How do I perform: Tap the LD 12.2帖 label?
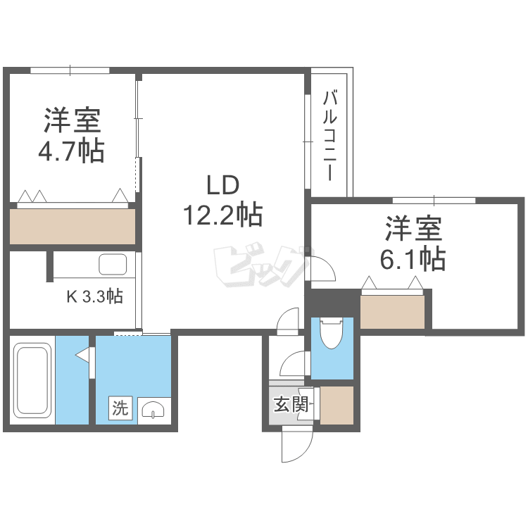222,200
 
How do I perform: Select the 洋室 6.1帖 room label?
413,244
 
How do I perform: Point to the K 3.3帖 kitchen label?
94,296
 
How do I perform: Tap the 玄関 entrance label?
290,405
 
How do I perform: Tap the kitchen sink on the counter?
112,265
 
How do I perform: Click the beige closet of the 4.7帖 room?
73,226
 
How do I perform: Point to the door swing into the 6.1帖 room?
325,269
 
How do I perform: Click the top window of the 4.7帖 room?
70,70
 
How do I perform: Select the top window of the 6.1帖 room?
433,200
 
